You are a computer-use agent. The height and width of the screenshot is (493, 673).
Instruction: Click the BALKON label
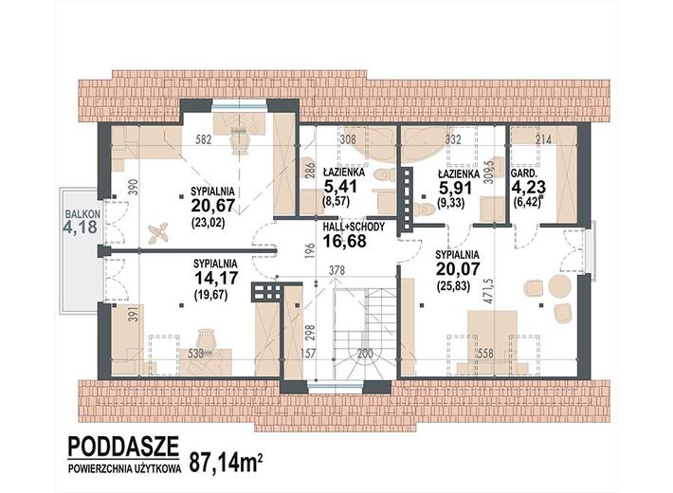tap(82, 213)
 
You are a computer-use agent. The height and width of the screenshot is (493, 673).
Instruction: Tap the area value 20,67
tap(213, 206)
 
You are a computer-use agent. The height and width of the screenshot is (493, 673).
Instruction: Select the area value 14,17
tap(216, 278)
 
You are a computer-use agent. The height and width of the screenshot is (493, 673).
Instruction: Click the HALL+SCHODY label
tap(354, 228)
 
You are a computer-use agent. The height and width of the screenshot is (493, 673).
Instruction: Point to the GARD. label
tap(523, 173)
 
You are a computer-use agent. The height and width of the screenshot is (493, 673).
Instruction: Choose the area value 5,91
tap(455, 188)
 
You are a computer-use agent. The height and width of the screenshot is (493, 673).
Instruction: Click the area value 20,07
tap(457, 269)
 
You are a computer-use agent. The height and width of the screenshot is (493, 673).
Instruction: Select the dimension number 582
tap(204, 140)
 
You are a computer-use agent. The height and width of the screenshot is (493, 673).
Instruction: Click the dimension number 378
tap(336, 270)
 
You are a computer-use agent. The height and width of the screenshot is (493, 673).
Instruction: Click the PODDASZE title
tap(123, 447)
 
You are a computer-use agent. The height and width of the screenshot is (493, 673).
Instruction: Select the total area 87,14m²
tap(226, 462)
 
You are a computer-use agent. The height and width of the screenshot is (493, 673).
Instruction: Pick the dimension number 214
tap(543, 138)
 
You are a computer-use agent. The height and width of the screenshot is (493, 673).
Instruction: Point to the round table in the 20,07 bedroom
tap(560, 285)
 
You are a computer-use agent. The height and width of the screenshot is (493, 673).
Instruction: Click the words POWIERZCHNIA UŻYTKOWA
tap(124, 469)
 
